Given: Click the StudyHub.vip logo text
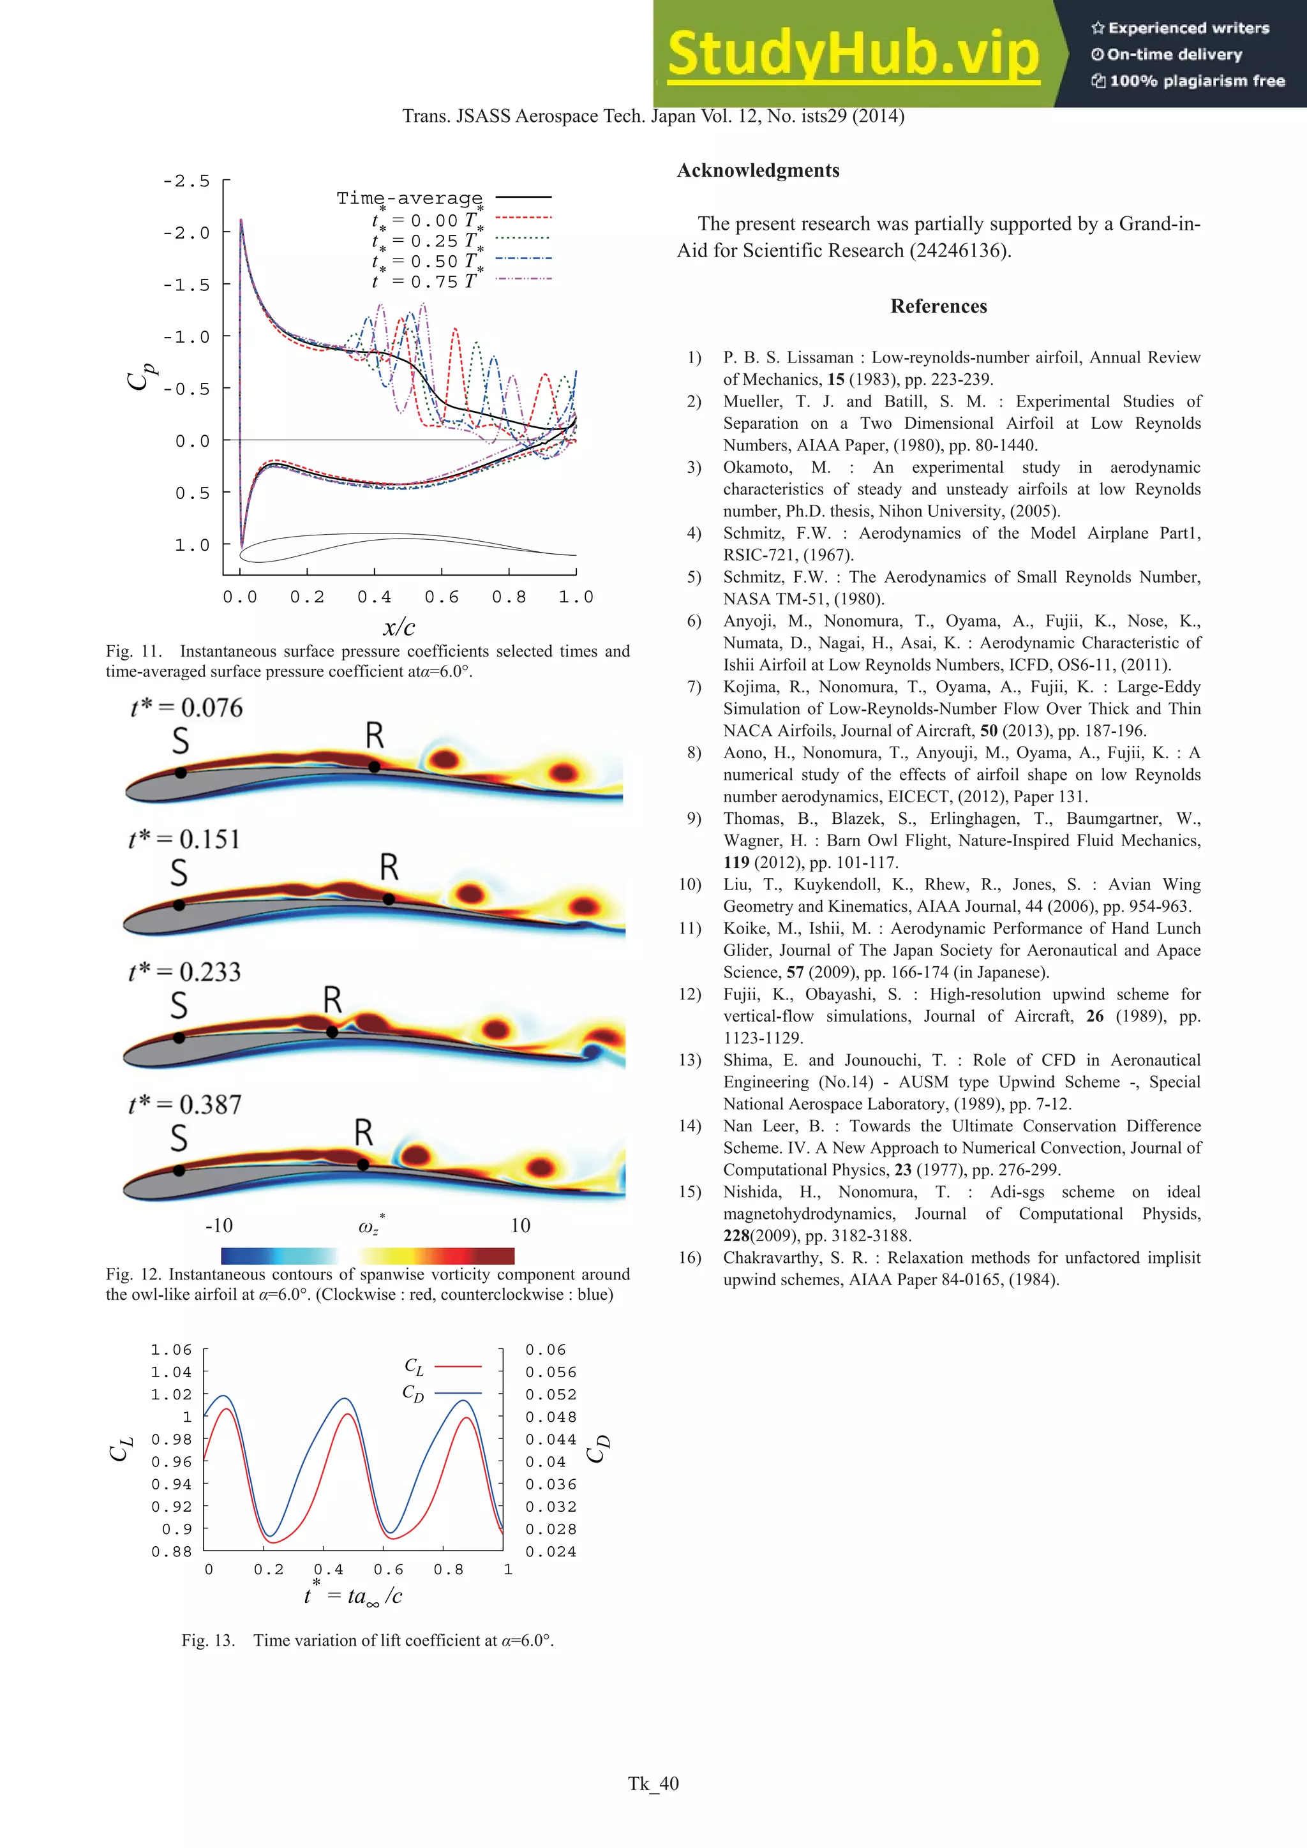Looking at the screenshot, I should pos(853,54).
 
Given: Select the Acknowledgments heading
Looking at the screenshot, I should pos(758,170).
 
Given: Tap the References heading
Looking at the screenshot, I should pos(937,307).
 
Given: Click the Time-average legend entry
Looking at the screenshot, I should pos(409,198).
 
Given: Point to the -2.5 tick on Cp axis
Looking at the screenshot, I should pos(186,181).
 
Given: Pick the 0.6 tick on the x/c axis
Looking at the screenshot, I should pos(441,597).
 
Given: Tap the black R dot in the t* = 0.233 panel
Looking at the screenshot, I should pos(332,1032).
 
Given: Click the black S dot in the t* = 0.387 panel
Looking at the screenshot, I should pos(179,1171).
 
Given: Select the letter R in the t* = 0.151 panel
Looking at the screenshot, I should pos(389,868).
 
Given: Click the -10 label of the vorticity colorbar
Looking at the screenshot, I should pos(219,1226).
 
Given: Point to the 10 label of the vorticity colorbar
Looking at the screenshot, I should pos(520,1226).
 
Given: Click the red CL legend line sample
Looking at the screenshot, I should pos(458,1367).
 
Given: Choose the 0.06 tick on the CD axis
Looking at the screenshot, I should pos(545,1350).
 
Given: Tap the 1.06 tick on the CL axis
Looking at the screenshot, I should pos(172,1350).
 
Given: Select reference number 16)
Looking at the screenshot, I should pos(690,1258).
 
